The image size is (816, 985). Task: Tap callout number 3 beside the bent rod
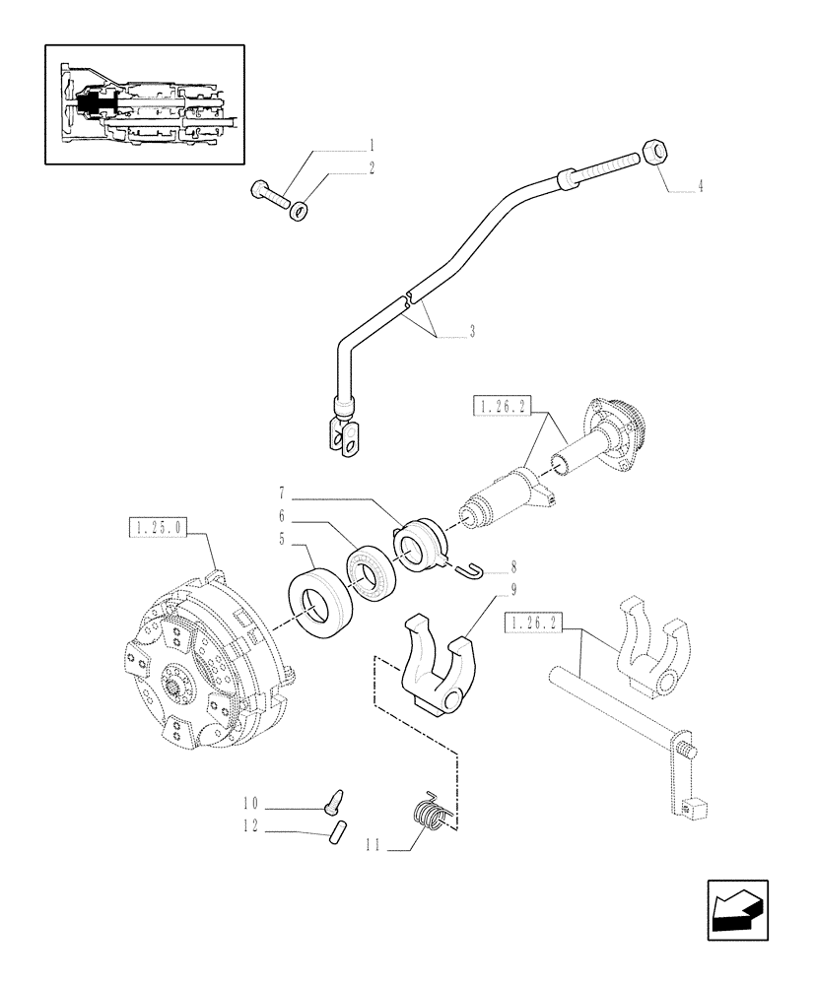pos(472,333)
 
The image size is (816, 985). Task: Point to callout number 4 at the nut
pos(699,185)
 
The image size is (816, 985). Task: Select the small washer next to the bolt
pos(299,209)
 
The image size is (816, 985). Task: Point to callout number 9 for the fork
pos(486,591)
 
